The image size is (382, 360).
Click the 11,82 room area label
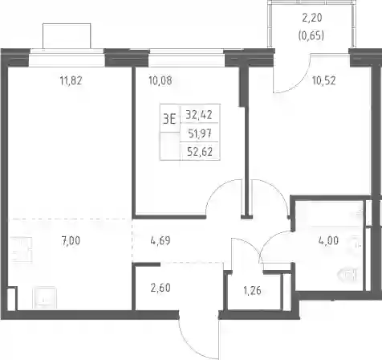(x=71, y=80)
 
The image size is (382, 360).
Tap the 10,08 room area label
(x=161, y=80)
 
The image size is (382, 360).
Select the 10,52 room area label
(x=324, y=80)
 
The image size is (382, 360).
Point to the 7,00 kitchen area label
(x=71, y=241)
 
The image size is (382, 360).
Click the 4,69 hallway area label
(x=161, y=241)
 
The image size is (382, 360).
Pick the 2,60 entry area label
(x=161, y=288)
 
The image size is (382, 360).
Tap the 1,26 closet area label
(x=252, y=290)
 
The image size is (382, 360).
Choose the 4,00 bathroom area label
(x=328, y=240)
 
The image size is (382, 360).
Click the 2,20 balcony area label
(x=312, y=18)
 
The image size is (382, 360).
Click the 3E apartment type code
(x=169, y=119)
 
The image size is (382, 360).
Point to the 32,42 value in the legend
(x=199, y=115)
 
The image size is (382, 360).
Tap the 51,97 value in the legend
(x=200, y=133)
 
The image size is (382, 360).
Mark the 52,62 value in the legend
(x=200, y=152)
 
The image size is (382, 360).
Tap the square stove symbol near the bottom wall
(x=44, y=298)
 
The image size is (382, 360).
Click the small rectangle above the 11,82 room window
(x=67, y=36)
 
